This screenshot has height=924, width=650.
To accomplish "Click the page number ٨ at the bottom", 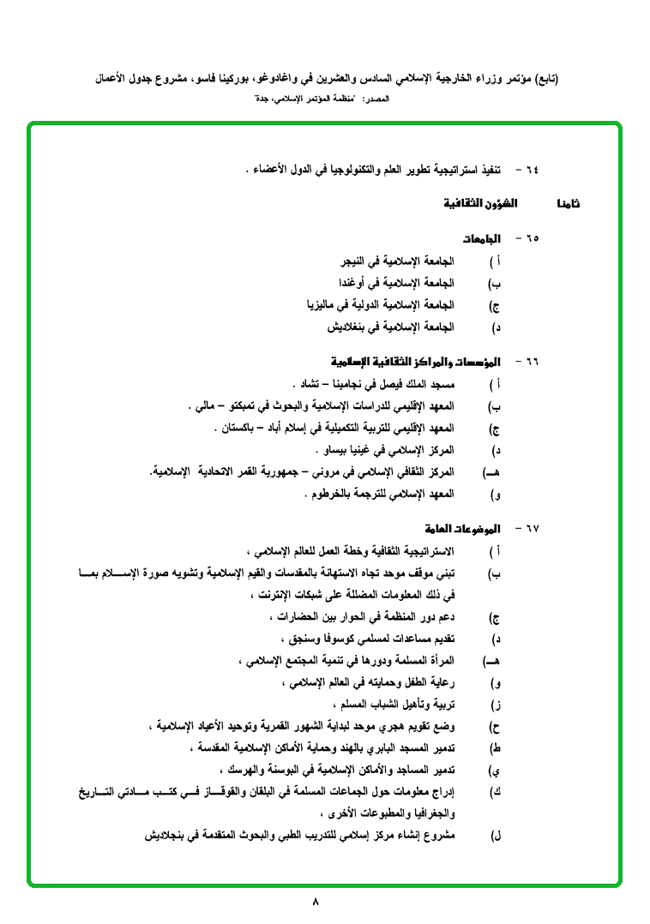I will (x=316, y=902).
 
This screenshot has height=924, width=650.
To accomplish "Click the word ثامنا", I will (x=568, y=204).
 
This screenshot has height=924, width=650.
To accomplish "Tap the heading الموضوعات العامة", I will (x=462, y=528).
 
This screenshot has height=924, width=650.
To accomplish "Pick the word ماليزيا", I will (x=323, y=305).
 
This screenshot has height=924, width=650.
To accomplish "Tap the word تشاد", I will (x=302, y=383).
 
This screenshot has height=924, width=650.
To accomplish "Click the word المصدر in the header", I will (x=378, y=100).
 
